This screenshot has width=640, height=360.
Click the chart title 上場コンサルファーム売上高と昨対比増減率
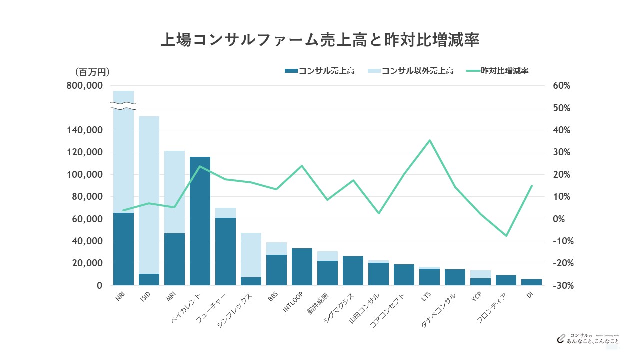click(x=320, y=40)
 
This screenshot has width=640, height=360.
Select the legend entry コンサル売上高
click(x=320, y=71)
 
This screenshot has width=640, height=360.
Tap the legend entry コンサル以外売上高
click(x=411, y=71)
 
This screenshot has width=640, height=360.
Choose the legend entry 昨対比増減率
click(x=498, y=71)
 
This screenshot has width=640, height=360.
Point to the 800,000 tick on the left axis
click(x=85, y=86)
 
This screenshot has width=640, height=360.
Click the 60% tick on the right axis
click(x=561, y=86)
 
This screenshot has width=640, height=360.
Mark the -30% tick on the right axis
click(x=560, y=285)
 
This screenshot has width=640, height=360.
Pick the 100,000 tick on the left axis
click(x=85, y=175)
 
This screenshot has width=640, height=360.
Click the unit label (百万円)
click(x=92, y=72)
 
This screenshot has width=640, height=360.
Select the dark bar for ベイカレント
click(x=200, y=221)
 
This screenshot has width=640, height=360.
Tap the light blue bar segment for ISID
click(x=149, y=195)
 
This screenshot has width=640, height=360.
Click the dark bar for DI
click(x=531, y=282)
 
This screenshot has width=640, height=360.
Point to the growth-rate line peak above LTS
click(x=429, y=140)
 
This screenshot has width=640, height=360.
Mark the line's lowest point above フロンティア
click(x=506, y=236)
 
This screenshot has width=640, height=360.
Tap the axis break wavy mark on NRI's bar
click(x=123, y=106)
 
